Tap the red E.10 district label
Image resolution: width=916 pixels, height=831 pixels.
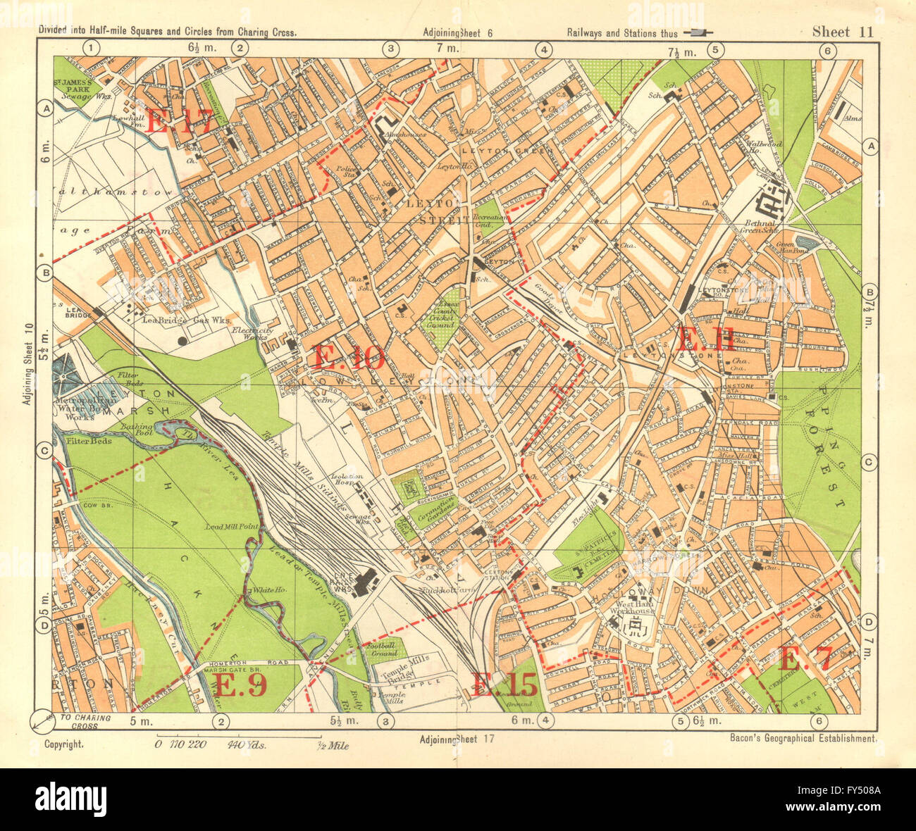348,358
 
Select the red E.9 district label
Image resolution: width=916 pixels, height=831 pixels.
240,685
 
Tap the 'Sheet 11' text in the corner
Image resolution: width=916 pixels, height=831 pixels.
843,31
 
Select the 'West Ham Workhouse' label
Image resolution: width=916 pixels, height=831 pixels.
631,608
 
